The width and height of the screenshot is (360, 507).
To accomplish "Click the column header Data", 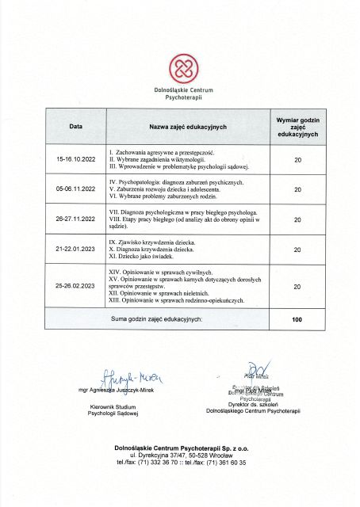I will [x=75, y=127].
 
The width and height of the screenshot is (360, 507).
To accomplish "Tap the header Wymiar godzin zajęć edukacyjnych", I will [x=297, y=127].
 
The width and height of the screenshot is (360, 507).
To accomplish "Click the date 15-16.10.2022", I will [x=75, y=159].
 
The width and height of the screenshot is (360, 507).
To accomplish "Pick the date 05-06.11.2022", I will [x=75, y=189].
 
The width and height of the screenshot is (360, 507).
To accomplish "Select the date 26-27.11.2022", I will [x=75, y=219].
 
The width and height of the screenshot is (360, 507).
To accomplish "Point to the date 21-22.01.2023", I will [x=75, y=250].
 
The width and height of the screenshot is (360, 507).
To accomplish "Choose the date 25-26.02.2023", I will [x=75, y=285].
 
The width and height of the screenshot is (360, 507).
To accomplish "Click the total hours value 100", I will [x=297, y=318].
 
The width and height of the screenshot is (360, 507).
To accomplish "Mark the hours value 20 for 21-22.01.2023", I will [x=297, y=250].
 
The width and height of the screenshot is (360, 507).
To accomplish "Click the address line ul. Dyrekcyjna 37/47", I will [x=180, y=456].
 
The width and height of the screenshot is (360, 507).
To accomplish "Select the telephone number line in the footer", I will [x=180, y=463].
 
